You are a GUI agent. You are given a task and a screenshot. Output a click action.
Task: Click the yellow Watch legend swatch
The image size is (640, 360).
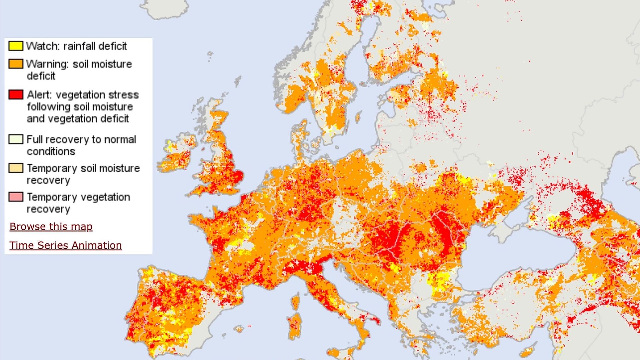pyautogui.click(x=16, y=46)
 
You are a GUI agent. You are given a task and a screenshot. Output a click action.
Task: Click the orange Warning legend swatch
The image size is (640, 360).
pyautogui.click(x=16, y=64)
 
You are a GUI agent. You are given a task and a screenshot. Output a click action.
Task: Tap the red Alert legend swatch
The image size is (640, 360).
pyautogui.click(x=16, y=95)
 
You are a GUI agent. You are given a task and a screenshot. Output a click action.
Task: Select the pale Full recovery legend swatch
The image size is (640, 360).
pyautogui.click(x=16, y=139)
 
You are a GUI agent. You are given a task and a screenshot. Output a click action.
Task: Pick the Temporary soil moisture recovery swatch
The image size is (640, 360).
pyautogui.click(x=16, y=168)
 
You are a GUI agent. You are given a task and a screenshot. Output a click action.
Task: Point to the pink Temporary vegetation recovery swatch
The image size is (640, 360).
pyautogui.click(x=16, y=197)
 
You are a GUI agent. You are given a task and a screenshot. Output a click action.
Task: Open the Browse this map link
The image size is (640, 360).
pyautogui.click(x=51, y=227)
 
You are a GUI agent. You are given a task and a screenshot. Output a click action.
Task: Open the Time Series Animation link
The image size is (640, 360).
pyautogui.click(x=65, y=245)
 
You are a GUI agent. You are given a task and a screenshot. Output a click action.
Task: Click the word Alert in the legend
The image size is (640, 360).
pyautogui.click(x=39, y=95)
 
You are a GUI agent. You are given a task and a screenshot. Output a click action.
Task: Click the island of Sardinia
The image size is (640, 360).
pyautogui.click(x=294, y=325)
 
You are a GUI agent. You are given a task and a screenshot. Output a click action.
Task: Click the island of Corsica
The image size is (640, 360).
pyautogui.click(x=295, y=302)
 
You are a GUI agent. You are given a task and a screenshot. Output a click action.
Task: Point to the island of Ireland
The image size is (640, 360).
pyautogui.click(x=177, y=155)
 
